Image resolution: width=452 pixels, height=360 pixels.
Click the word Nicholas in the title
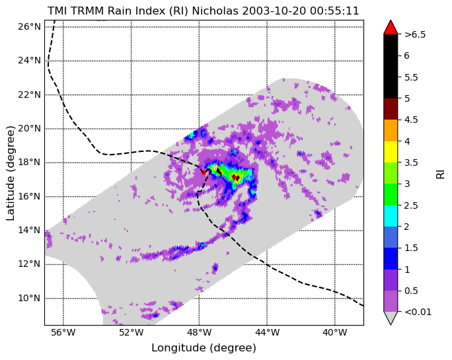tap(215, 11)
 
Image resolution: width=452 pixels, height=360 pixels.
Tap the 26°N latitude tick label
tap(29, 27)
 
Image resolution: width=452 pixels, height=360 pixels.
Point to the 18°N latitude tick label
tap(29, 162)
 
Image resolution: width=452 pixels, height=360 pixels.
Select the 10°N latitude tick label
tap(29, 298)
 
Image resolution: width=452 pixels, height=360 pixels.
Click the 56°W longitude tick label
tap(63, 333)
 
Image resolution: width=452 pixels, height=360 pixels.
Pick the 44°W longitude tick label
tap(267, 333)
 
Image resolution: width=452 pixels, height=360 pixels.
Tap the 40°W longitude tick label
tap(335, 333)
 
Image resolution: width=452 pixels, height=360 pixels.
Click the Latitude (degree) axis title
tap(10, 173)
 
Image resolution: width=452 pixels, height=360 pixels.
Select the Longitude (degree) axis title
tap(204, 348)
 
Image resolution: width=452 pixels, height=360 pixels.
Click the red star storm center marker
tap(204, 172)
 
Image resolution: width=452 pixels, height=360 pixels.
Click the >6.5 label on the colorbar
tap(415, 34)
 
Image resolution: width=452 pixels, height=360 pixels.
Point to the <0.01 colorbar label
tap(418, 312)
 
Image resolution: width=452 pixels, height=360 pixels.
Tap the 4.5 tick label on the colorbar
tap(411, 120)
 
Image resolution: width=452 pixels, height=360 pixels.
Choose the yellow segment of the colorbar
tap(391, 152)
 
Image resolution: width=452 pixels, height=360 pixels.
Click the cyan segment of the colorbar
tap(391, 216)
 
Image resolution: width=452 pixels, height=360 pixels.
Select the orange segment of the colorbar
tap(391, 131)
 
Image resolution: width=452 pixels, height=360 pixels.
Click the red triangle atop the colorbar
tap(391, 28)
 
